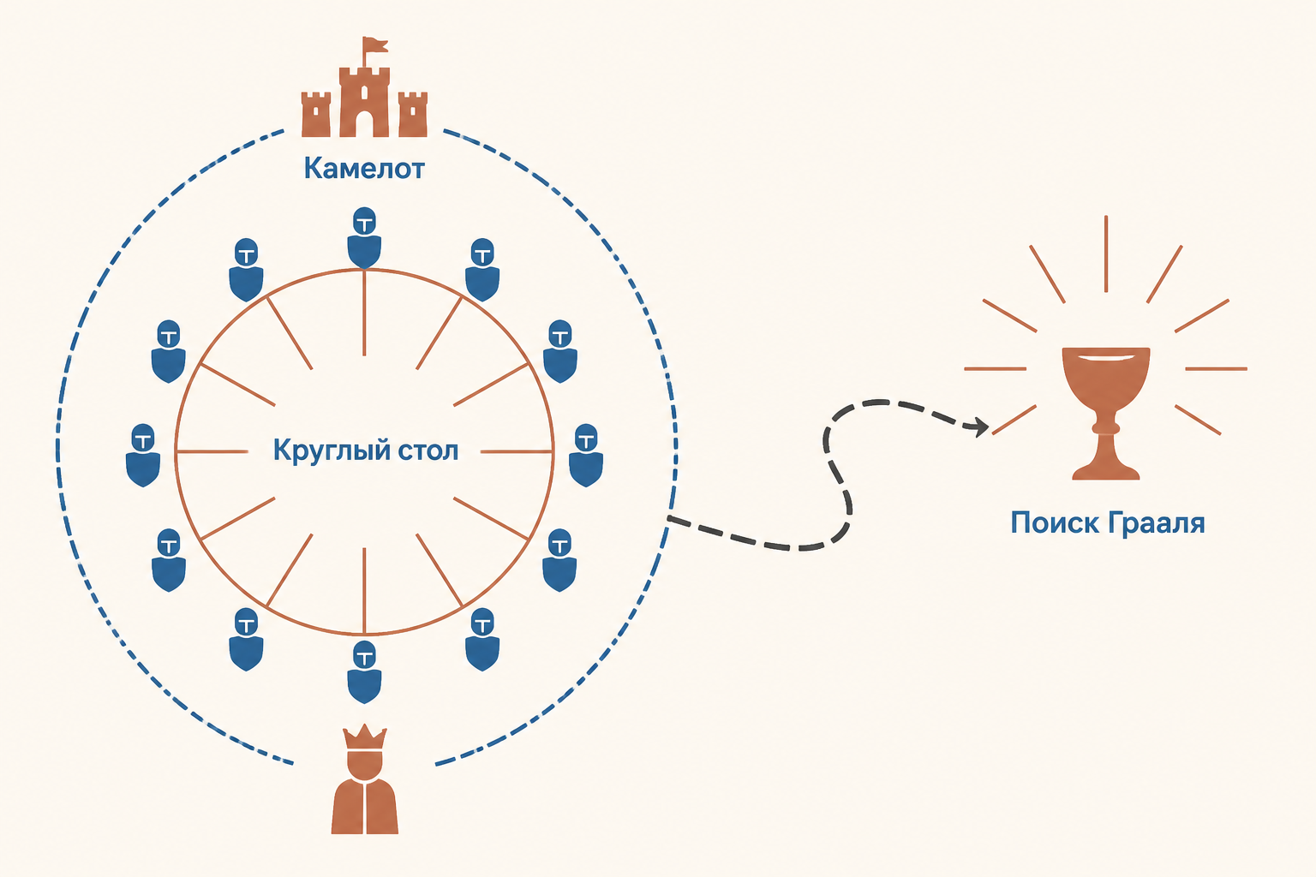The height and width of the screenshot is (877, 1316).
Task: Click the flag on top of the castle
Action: coord(374,45)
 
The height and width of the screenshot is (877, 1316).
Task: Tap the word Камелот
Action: coord(364,169)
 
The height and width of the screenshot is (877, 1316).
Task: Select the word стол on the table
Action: coord(428,451)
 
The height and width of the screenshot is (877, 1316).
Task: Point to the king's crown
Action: coord(365,737)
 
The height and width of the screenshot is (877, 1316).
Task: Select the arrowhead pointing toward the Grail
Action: coord(980,427)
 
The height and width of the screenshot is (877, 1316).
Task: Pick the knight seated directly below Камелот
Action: coord(365,238)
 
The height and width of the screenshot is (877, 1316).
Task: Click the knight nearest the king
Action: coord(365,672)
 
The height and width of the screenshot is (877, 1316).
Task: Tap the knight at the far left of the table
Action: coord(143,456)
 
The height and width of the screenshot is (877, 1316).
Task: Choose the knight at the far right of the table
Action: coord(586,456)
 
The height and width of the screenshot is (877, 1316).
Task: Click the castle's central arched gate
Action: coord(364,124)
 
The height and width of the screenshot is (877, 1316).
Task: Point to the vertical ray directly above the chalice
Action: coord(1106,254)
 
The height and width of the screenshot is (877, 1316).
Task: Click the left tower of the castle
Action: coord(315,115)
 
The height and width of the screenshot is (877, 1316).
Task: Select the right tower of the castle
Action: coord(412,115)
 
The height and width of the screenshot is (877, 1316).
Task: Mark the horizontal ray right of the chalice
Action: coord(1216,369)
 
